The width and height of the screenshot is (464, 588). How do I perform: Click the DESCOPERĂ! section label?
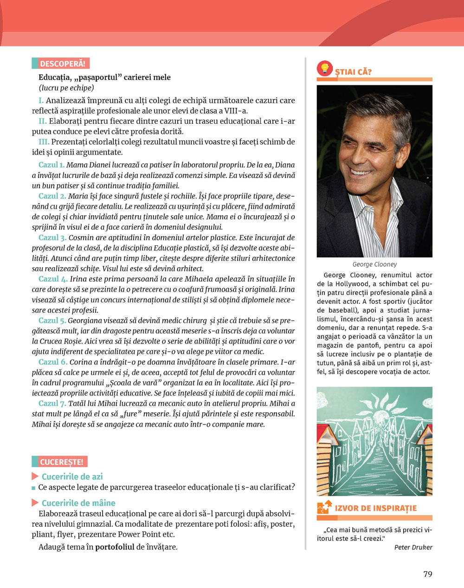[60, 64]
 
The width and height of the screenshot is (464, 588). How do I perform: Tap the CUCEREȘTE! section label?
[59, 462]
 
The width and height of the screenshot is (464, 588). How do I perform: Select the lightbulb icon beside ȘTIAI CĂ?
[325, 69]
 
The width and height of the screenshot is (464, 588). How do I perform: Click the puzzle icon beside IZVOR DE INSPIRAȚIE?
[324, 508]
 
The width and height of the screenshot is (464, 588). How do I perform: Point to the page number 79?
[427, 574]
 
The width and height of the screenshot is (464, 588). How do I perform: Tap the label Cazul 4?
[52, 279]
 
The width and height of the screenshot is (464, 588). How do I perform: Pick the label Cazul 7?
[52, 403]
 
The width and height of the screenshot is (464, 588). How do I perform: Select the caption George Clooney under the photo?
[374, 264]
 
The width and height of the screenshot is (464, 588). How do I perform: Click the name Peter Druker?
[413, 547]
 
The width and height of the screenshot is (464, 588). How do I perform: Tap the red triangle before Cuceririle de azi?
[35, 477]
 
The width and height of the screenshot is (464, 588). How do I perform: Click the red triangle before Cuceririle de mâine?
[35, 503]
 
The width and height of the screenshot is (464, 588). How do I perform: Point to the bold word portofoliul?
[115, 547]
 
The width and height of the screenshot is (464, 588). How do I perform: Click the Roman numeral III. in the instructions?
[44, 142]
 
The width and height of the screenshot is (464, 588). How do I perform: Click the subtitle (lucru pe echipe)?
[66, 88]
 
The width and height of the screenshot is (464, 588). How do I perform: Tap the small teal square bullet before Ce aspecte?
[33, 488]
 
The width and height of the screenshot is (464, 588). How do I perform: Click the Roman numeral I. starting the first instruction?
[41, 101]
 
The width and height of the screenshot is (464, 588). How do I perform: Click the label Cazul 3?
[52, 238]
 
